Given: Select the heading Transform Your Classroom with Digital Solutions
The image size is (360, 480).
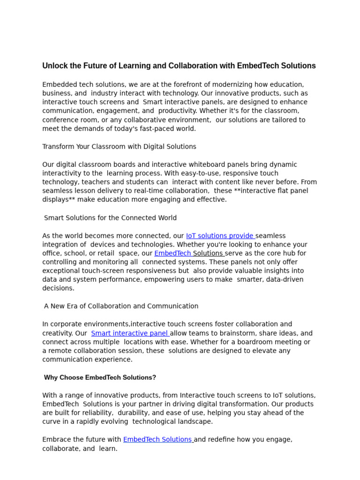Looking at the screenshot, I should [119, 147].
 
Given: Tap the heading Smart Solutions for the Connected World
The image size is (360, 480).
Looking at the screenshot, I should [110, 218].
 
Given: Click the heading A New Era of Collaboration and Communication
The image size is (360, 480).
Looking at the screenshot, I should [121, 306].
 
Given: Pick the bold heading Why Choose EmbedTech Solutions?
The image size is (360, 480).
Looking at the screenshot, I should [100, 378].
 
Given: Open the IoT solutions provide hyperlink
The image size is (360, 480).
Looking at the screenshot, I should [220, 236].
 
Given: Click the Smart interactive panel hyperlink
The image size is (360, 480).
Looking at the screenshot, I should [130, 333].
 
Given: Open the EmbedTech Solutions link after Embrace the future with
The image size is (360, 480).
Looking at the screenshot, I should [157, 440].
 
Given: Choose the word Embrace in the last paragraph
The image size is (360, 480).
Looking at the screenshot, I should [56, 440].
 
